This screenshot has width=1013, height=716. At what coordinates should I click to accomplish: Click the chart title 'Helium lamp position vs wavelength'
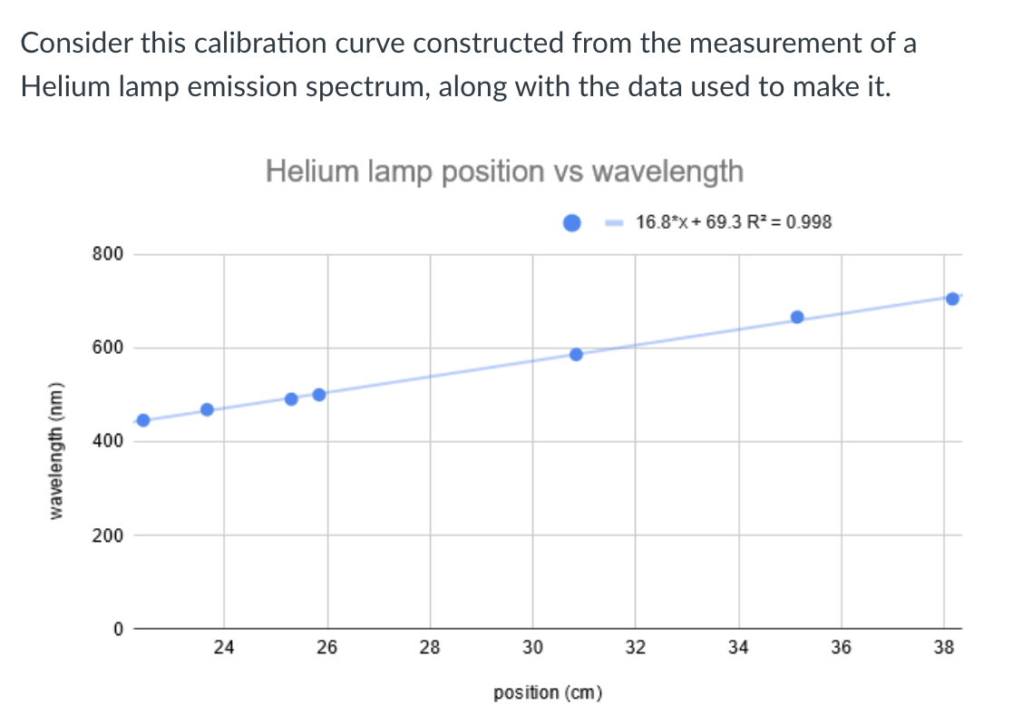point(504,171)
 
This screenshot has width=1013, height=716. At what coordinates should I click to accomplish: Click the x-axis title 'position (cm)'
point(549,693)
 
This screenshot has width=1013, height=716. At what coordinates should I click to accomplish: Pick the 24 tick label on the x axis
point(224,648)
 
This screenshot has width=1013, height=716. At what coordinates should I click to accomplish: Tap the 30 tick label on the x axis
point(532,648)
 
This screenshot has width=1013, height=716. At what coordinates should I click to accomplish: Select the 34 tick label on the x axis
point(738,648)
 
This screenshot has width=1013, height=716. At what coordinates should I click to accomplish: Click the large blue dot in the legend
point(572,222)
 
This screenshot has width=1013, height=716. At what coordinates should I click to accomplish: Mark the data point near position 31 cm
point(576,354)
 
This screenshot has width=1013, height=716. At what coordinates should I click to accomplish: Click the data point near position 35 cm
point(797,317)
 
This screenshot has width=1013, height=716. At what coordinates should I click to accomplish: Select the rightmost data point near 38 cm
point(952,299)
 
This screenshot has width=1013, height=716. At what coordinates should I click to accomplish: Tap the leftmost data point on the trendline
point(142,419)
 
